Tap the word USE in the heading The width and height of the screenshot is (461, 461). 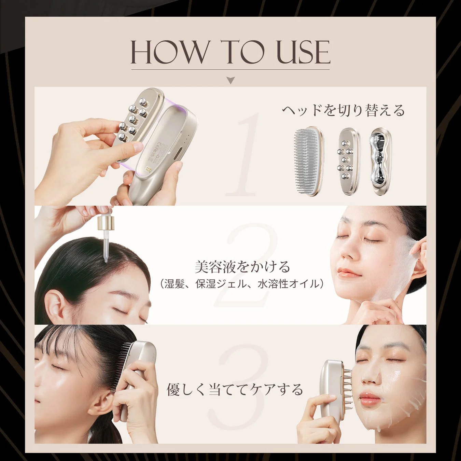coord(303,52)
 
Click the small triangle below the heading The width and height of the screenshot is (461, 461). coord(231,81)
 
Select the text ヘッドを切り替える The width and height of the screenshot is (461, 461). coord(343,110)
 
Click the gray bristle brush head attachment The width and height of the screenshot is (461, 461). coord(308,161)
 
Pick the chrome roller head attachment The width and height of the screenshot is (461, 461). coord(381,162)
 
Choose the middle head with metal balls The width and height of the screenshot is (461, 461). coord(349,162)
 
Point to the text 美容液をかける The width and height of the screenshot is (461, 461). coord(242,267)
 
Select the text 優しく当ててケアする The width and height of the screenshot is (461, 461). coord(235,389)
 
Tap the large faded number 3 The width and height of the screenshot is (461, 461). coord(239,386)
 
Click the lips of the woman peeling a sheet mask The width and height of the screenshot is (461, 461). coord(348,272)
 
